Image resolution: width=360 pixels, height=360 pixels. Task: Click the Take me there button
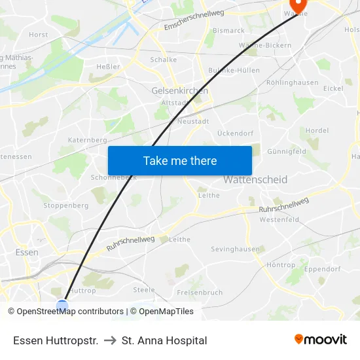coord(180,160)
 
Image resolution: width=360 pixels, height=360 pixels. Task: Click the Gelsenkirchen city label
coord(179,90)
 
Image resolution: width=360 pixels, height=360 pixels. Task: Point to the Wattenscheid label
coord(255,179)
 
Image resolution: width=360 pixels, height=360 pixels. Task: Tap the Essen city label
coord(27,252)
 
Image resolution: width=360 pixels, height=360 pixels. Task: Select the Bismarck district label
coord(228,30)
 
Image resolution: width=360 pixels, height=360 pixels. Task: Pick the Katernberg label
coord(87,140)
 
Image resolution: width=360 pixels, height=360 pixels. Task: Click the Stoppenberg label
coord(65,206)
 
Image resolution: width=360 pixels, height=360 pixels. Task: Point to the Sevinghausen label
coord(235,249)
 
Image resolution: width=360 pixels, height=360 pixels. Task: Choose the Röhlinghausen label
coord(293,82)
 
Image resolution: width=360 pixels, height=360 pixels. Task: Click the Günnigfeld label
coord(287,151)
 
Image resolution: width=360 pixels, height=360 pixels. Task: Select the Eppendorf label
coord(322,268)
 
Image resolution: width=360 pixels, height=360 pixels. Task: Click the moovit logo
coord(320,340)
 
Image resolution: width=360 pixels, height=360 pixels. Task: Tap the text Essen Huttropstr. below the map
coord(56,340)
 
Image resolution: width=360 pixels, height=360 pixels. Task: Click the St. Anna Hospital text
coord(164,340)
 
